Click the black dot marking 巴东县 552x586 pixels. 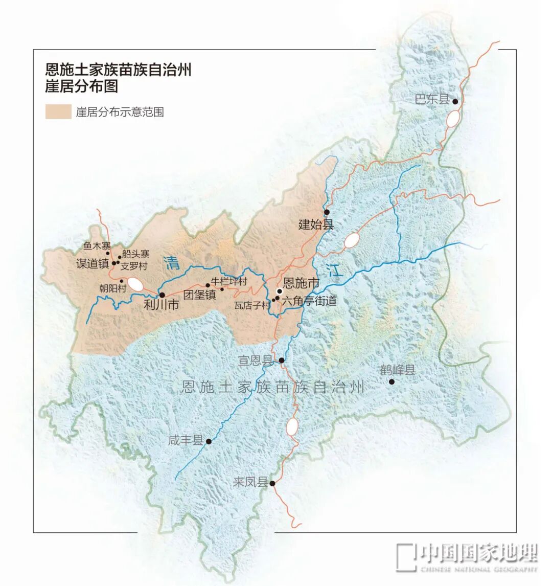click(455, 101)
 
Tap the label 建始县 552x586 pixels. click(316, 224)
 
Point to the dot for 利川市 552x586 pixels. click(162, 295)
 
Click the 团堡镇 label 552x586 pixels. click(200, 295)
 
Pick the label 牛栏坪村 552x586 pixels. click(229, 282)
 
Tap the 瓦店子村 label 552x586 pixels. click(251, 305)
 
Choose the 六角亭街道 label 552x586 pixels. click(309, 301)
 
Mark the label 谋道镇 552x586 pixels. click(93, 264)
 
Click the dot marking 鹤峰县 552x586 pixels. click(392, 381)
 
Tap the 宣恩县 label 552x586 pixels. click(256, 360)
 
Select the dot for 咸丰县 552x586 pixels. click(209, 441)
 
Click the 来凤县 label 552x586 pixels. click(250, 482)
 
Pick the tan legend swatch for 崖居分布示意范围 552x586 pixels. click(58, 112)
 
